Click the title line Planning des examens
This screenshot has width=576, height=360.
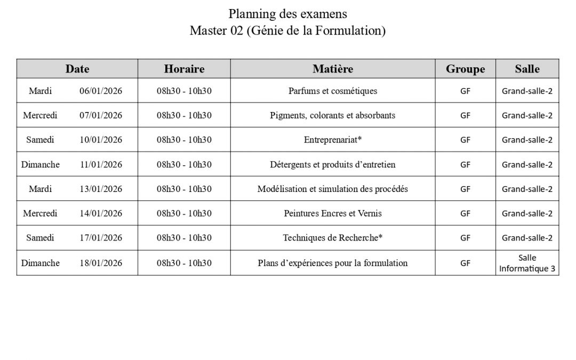click(287, 13)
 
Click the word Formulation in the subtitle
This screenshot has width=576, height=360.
click(349, 30)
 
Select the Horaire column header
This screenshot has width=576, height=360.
click(184, 69)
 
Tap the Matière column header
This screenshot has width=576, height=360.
click(332, 69)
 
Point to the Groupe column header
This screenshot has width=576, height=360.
click(465, 69)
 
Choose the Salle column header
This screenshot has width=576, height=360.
click(527, 69)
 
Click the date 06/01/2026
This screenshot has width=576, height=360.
click(101, 91)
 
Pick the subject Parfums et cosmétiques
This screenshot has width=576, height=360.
click(332, 91)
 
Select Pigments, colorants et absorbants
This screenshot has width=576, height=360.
click(332, 115)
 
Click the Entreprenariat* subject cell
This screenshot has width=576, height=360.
click(332, 140)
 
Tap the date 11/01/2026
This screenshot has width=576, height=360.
click(101, 164)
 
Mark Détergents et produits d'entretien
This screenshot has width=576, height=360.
click(332, 164)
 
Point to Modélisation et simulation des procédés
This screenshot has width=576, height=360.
click(332, 189)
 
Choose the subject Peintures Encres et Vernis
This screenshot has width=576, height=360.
click(332, 213)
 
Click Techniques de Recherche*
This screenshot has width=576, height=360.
click(332, 238)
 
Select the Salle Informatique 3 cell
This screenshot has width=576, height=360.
click(527, 263)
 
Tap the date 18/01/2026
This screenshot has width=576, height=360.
click(101, 263)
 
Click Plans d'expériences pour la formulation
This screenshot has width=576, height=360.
click(332, 263)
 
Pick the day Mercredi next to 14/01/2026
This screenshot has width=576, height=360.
click(40, 213)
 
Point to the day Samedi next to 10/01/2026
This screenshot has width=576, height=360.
click(40, 140)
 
